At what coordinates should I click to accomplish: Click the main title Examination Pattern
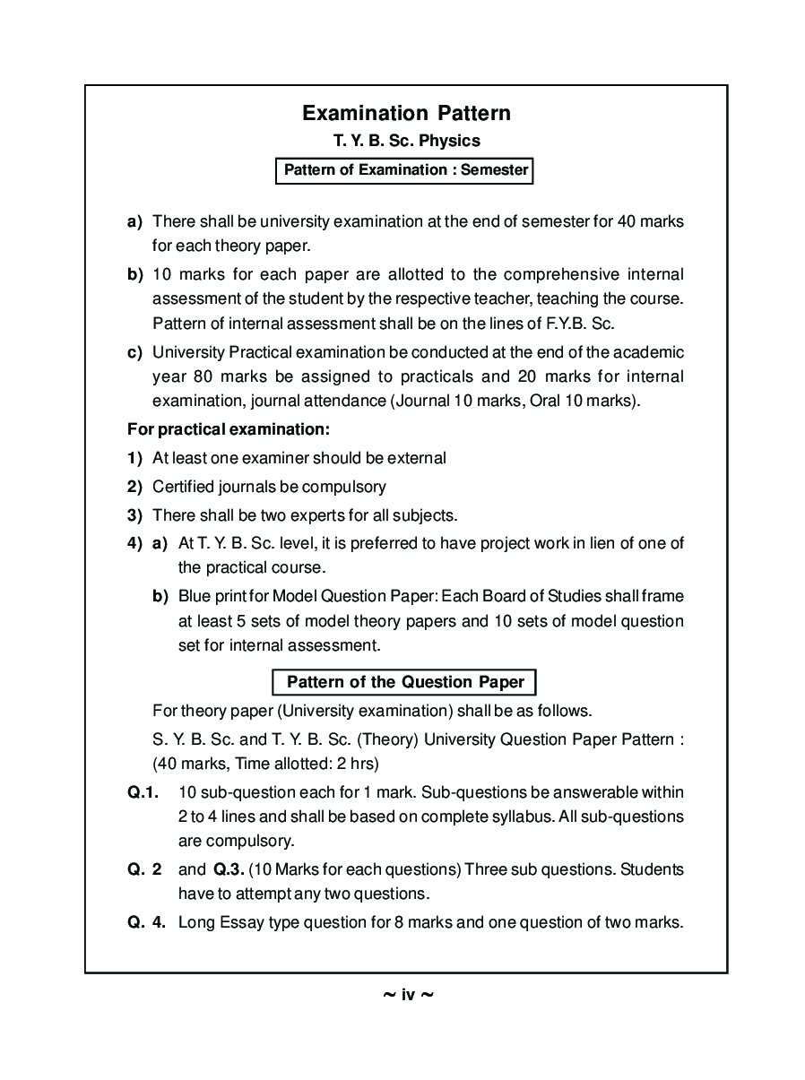point(406,113)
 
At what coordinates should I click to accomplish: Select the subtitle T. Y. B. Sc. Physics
point(406,141)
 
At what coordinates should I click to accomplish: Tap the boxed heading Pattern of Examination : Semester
point(404,169)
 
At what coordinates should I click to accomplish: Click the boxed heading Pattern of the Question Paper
point(404,682)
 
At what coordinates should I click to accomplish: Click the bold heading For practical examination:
point(229,429)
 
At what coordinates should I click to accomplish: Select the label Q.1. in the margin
point(143,792)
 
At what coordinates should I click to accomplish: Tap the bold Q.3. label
point(228,869)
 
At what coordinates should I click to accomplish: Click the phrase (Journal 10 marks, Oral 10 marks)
point(515,401)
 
